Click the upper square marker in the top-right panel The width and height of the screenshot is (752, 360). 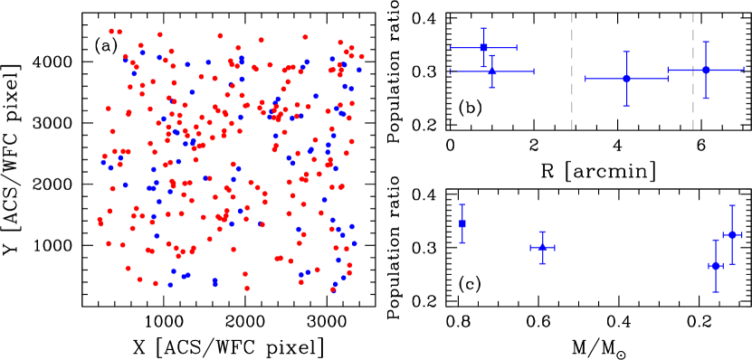pyautogui.click(x=483, y=47)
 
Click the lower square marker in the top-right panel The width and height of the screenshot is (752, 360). pyautogui.click(x=491, y=71)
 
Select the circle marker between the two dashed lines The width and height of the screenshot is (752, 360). pyautogui.click(x=625, y=79)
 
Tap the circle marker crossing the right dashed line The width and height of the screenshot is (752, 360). pyautogui.click(x=705, y=70)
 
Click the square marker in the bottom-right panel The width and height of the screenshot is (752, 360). pyautogui.click(x=462, y=223)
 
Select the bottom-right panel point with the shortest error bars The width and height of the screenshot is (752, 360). pyautogui.click(x=542, y=247)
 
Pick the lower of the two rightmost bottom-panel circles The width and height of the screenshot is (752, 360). pyautogui.click(x=716, y=266)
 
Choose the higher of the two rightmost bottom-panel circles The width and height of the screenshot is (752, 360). pyautogui.click(x=732, y=235)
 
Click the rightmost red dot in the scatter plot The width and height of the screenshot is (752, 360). pyautogui.click(x=362, y=57)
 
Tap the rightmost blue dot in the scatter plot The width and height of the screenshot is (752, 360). pyautogui.click(x=359, y=70)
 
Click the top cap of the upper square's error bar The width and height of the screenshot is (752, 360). pyautogui.click(x=483, y=28)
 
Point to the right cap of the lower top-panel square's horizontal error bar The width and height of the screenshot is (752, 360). pyautogui.click(x=534, y=71)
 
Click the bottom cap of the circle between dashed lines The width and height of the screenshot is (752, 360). pyautogui.click(x=625, y=106)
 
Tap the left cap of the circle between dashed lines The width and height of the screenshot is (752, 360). pyautogui.click(x=585, y=79)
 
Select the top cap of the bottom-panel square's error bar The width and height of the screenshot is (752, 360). pyautogui.click(x=462, y=204)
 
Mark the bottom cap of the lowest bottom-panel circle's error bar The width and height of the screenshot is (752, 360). pyautogui.click(x=716, y=291)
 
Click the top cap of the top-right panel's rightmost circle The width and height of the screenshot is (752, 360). pyautogui.click(x=705, y=42)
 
